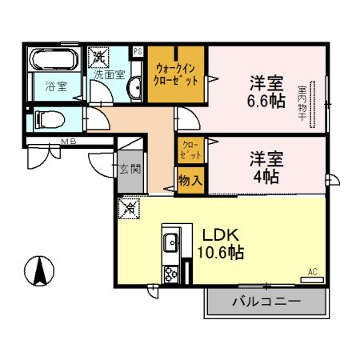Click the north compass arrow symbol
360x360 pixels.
[x=38, y=270]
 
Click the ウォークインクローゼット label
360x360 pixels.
[x=175, y=74]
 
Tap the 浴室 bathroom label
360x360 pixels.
[x=54, y=86]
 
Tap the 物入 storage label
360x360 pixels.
[x=190, y=181]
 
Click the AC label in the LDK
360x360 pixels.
[x=313, y=272]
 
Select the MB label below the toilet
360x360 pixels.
[x=70, y=143]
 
